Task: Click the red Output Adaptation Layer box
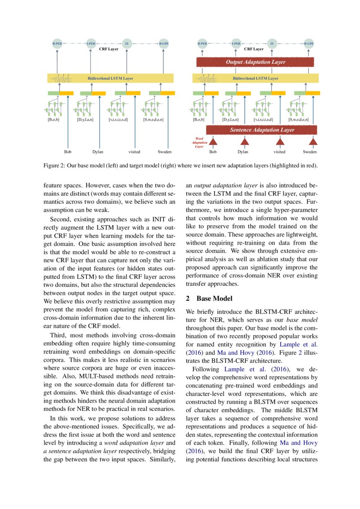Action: coord(255,62)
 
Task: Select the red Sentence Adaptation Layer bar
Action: coord(261,130)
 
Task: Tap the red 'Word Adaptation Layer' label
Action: coord(199,142)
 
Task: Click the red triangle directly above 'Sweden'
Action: coord(313,141)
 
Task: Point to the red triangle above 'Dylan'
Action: coord(244,141)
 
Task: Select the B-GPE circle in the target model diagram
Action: coord(309,44)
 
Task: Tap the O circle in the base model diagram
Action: coord(127,44)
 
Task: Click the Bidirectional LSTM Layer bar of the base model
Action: coord(110,78)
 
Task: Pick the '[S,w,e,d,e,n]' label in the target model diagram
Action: coord(298,119)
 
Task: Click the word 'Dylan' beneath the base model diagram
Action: coord(98,152)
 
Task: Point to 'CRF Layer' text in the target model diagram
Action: coord(254,49)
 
